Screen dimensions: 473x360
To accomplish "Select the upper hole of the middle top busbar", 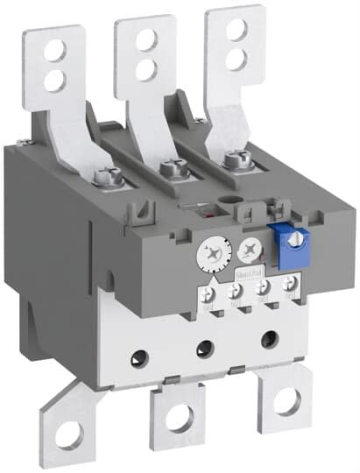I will coord(144,38).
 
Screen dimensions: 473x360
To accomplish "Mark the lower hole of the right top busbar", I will coord(235,58).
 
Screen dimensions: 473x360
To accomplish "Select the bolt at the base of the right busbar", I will coord(234,159).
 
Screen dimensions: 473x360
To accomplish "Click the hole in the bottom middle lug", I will coord(175,420).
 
